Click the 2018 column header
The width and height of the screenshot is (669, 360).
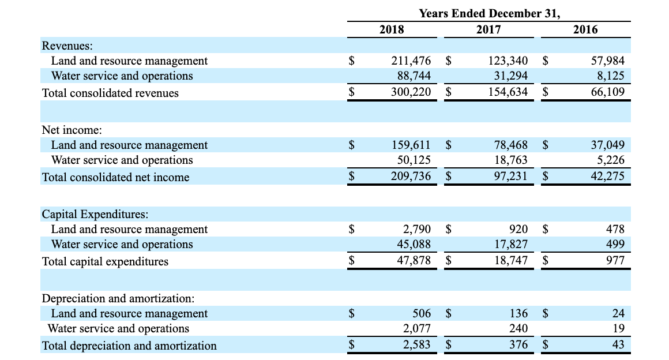tap(392, 29)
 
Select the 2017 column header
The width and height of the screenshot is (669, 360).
tap(488, 29)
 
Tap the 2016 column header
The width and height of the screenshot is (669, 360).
tap(585, 29)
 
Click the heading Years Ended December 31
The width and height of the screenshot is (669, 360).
tap(488, 13)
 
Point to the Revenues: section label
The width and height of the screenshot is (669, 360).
tap(68, 46)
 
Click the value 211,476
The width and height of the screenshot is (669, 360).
tap(411, 61)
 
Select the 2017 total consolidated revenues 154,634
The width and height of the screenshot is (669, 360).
tap(508, 92)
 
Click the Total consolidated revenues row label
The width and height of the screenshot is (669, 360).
tap(110, 93)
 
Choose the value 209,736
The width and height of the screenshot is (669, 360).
tap(411, 177)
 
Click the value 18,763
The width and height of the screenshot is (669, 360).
tap(511, 160)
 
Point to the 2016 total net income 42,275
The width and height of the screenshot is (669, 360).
tap(605, 177)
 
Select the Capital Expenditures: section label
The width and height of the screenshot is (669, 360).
tap(95, 215)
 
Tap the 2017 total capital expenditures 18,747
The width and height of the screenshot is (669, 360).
tap(511, 261)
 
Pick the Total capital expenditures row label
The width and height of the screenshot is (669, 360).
tap(106, 261)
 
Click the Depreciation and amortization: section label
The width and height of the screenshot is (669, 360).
tap(118, 299)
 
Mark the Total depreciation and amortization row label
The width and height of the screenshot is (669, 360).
tap(129, 346)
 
